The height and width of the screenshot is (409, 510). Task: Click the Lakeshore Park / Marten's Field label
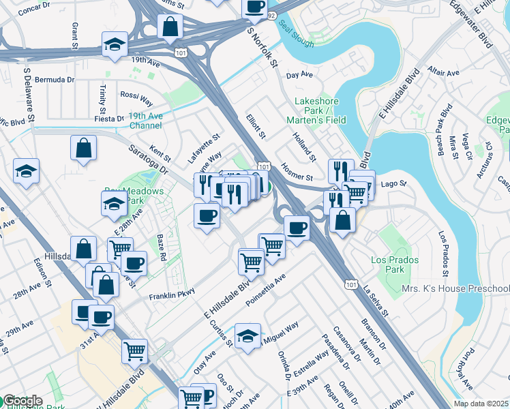320,110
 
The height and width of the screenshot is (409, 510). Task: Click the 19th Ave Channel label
145,121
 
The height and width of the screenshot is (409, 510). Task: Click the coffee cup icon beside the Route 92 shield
254,7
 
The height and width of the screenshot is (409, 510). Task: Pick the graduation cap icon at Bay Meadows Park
114,203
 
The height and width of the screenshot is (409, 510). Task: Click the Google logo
22,401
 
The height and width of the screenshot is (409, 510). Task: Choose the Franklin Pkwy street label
172,297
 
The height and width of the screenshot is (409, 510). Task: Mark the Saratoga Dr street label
147,156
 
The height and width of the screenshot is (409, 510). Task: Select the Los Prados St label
442,256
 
